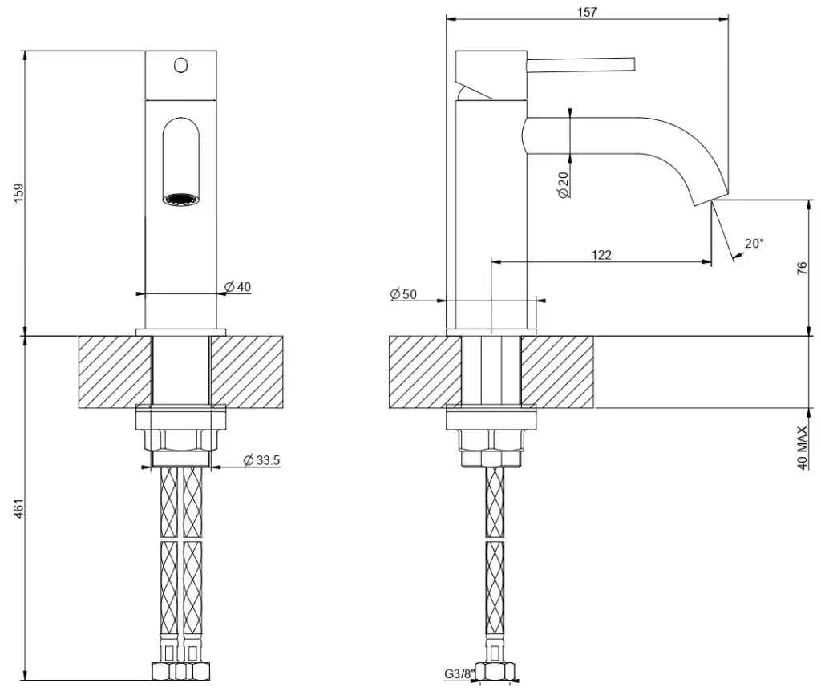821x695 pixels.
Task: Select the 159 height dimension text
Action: [19, 193]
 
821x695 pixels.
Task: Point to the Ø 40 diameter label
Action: [238, 286]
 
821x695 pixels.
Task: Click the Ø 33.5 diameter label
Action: [261, 460]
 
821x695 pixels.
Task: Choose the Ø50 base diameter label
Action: [403, 294]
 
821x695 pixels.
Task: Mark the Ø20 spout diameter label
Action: [563, 184]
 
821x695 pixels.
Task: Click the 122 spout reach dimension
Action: [601, 255]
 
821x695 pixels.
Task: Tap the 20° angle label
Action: [754, 243]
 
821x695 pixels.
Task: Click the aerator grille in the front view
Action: [180, 199]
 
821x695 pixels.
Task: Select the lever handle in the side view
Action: [580, 64]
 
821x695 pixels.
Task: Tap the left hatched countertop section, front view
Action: [115, 372]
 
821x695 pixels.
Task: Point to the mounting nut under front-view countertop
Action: [180, 439]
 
